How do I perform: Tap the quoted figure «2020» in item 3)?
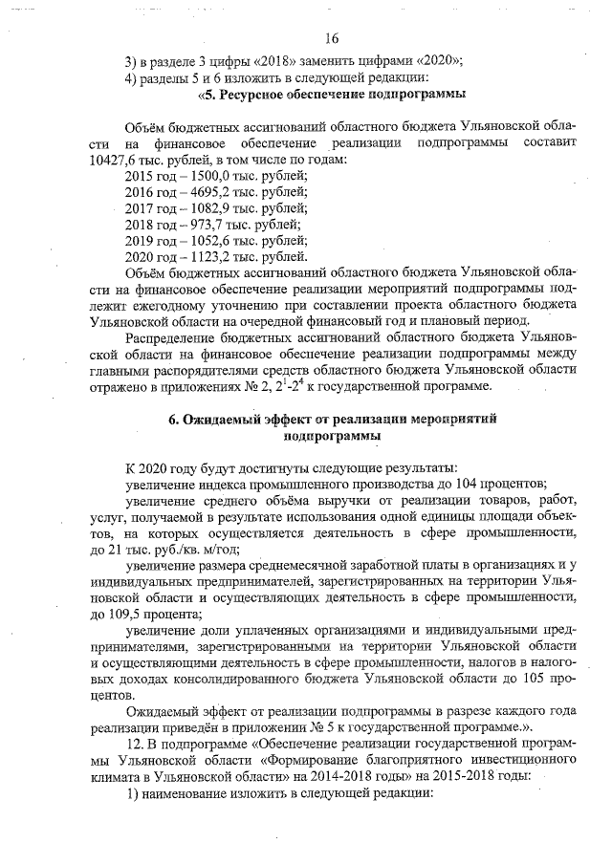pyautogui.click(x=404, y=60)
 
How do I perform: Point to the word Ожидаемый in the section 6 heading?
pyautogui.click(x=230, y=420)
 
